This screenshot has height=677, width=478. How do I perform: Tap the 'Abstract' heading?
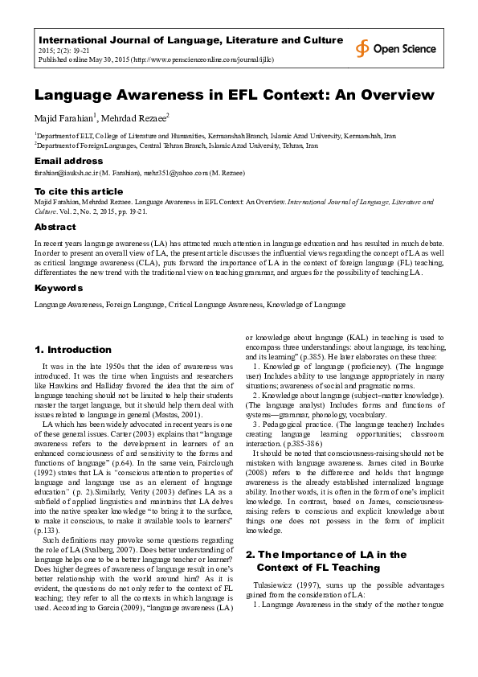[55, 227]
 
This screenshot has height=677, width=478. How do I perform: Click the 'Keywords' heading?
[58, 288]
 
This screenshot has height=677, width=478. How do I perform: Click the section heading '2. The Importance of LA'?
[325, 555]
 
